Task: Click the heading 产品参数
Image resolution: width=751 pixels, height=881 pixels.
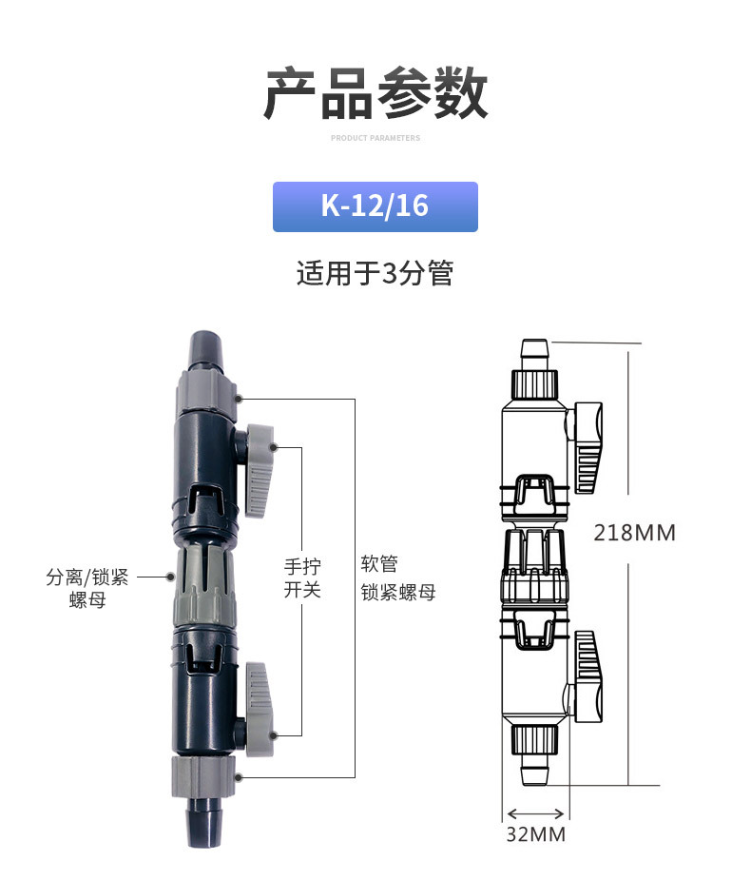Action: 375,92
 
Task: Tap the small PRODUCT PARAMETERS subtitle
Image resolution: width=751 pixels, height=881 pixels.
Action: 375,138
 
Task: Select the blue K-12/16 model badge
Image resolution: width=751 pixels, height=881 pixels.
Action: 375,206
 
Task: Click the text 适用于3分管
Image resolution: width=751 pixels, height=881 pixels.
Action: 375,274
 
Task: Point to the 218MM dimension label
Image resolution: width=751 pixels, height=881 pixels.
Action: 635,533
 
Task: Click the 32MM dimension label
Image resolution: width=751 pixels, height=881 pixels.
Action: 536,834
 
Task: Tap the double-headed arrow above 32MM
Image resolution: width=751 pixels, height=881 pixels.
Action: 535,813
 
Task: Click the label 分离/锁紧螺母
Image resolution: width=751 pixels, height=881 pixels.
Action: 87,588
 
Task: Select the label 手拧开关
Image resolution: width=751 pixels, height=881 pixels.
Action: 302,578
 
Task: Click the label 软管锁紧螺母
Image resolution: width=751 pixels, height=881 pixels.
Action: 398,578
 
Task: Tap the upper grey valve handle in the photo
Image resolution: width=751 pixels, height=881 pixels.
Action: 260,470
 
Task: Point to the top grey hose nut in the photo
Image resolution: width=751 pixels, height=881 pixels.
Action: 206,392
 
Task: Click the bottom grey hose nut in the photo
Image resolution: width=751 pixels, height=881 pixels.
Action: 203,776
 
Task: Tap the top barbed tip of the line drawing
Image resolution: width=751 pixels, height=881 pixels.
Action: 534,354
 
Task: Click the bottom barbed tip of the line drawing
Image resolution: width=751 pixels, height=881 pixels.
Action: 534,769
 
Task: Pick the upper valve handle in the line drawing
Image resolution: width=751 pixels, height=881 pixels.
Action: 587,448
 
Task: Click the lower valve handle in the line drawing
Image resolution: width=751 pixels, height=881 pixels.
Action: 587,676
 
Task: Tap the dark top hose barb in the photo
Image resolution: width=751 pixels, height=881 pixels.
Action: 205,349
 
